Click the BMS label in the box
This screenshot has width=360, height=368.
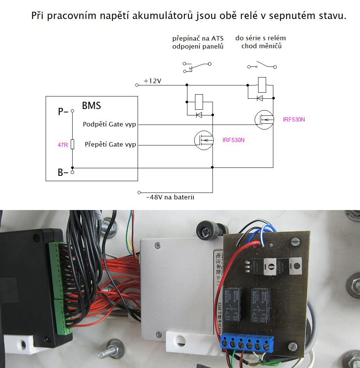(91, 105)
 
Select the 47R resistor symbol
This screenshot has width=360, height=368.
(72, 144)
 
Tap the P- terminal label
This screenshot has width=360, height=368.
(63, 112)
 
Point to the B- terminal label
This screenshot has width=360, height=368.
(63, 173)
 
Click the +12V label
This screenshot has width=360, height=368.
(152, 81)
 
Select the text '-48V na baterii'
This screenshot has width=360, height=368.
(170, 197)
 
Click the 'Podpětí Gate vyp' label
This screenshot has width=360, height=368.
(109, 124)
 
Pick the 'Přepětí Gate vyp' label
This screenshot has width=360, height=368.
(110, 145)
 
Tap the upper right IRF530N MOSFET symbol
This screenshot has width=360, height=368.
(264, 120)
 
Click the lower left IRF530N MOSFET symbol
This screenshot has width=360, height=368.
(203, 140)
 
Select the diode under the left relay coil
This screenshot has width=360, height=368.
(199, 115)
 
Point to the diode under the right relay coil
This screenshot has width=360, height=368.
(260, 98)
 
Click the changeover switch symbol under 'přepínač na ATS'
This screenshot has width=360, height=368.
(197, 67)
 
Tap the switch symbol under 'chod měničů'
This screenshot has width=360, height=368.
(262, 65)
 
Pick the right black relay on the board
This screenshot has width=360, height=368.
(260, 305)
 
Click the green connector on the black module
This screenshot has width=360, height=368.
(59, 289)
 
